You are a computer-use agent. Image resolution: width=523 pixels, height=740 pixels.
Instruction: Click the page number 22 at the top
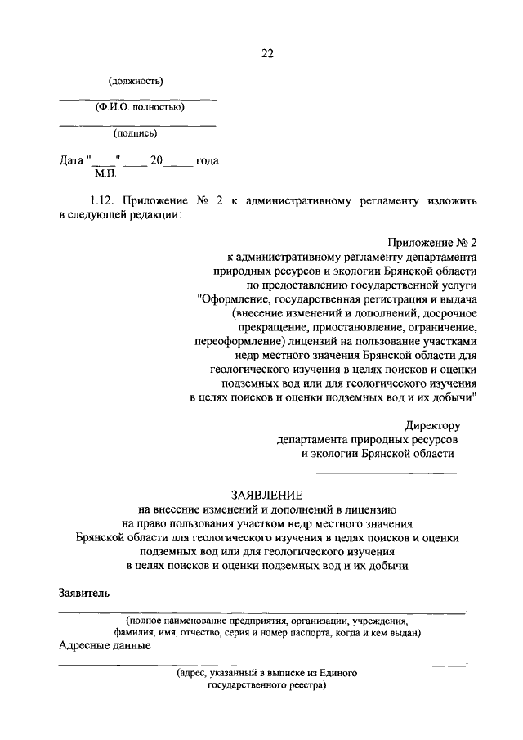point(266,54)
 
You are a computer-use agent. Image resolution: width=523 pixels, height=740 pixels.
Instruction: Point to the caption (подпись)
point(135,132)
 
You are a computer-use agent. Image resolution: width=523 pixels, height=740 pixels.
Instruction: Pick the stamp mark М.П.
point(105,173)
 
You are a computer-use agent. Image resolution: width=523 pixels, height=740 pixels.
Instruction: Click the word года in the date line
point(207,161)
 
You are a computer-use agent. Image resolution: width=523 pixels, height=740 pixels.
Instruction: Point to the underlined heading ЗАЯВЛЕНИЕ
point(266,495)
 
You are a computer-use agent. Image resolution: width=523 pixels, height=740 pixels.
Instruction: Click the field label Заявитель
point(83,592)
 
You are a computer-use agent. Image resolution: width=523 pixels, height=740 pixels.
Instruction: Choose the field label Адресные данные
point(104,645)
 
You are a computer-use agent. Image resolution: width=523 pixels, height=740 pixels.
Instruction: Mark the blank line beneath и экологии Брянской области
point(386,473)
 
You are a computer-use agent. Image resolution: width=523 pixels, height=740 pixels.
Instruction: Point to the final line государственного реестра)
point(266,685)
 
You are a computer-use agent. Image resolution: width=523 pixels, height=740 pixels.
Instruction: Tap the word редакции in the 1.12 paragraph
point(152,214)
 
